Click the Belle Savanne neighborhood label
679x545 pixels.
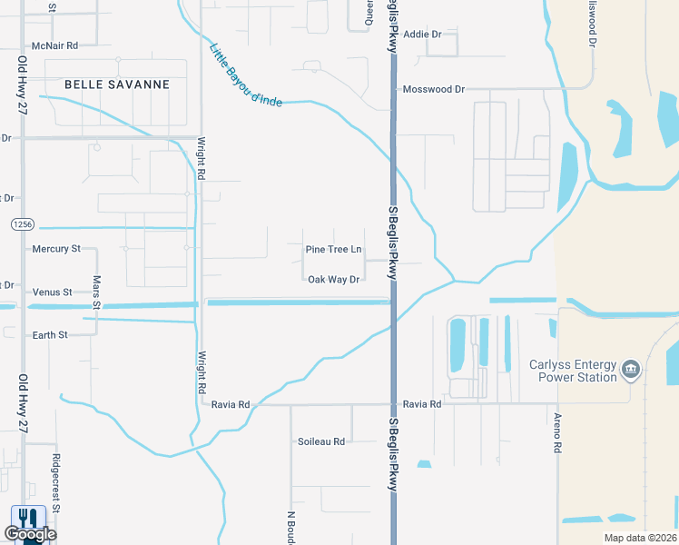(x=117, y=84)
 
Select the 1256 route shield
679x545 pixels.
(x=24, y=223)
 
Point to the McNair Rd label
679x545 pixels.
(x=54, y=45)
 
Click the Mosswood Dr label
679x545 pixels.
(x=433, y=89)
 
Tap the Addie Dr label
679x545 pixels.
(x=421, y=34)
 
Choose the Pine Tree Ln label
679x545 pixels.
(x=333, y=249)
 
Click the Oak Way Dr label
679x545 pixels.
(x=333, y=280)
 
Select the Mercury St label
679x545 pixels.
(x=56, y=248)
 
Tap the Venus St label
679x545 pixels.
(x=52, y=292)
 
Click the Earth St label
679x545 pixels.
(x=50, y=335)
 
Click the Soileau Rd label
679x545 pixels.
(x=321, y=441)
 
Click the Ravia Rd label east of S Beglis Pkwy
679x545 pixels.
(x=422, y=404)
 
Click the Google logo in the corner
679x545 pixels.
(x=29, y=533)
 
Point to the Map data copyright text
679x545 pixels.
(x=640, y=538)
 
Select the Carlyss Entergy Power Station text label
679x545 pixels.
(x=573, y=371)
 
